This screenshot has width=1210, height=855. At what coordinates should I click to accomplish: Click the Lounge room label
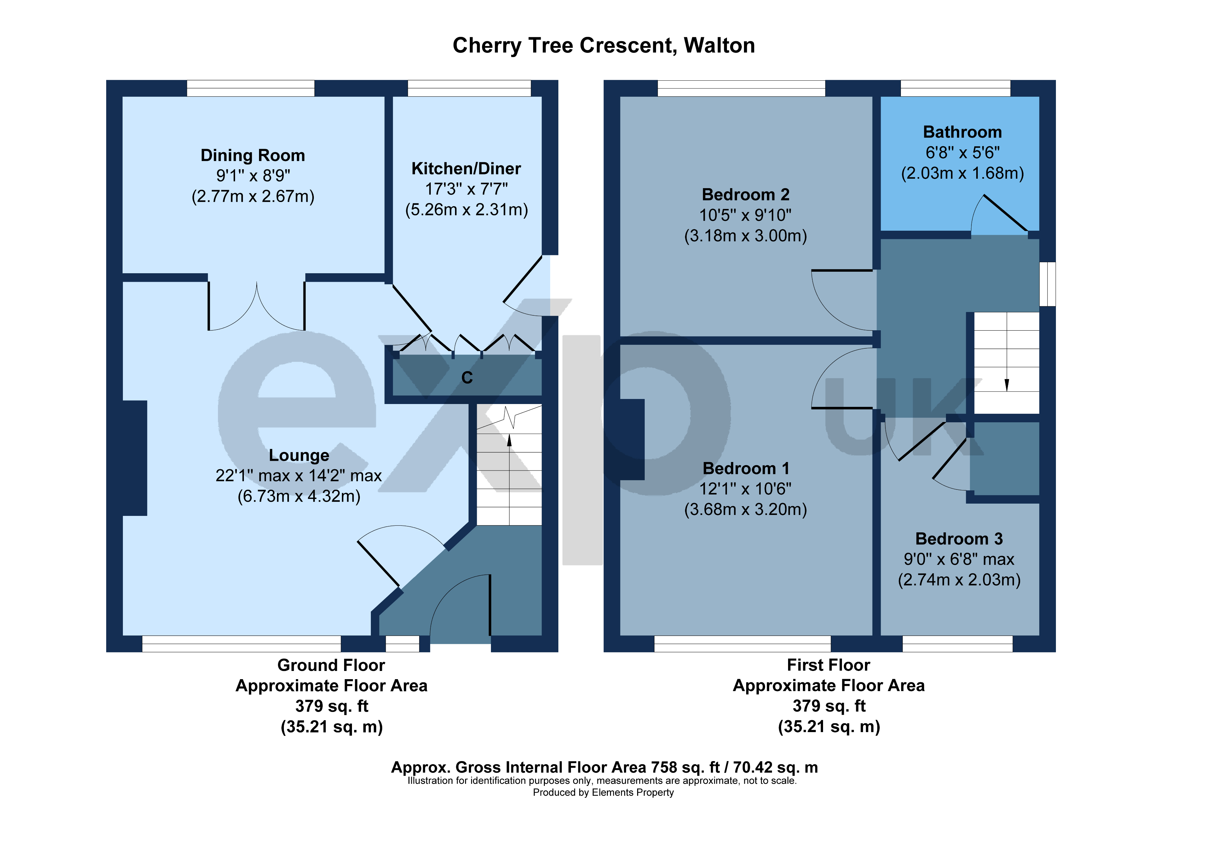coord(298,455)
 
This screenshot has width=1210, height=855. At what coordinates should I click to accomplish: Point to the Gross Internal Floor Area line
coord(604,767)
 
